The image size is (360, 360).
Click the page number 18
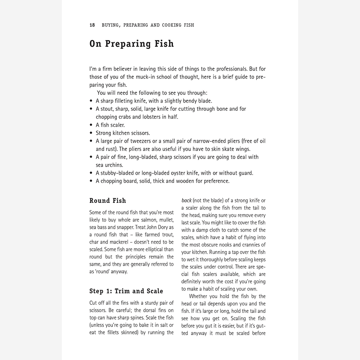point(92,25)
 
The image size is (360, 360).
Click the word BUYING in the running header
point(110,25)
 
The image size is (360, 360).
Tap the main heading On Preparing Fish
point(131,44)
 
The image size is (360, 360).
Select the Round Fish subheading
point(108,201)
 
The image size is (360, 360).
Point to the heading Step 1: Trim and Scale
point(126,291)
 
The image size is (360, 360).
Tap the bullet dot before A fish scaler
point(91,125)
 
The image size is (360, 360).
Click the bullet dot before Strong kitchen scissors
point(91,133)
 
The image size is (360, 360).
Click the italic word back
point(186,200)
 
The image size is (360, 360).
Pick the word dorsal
point(151,310)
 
